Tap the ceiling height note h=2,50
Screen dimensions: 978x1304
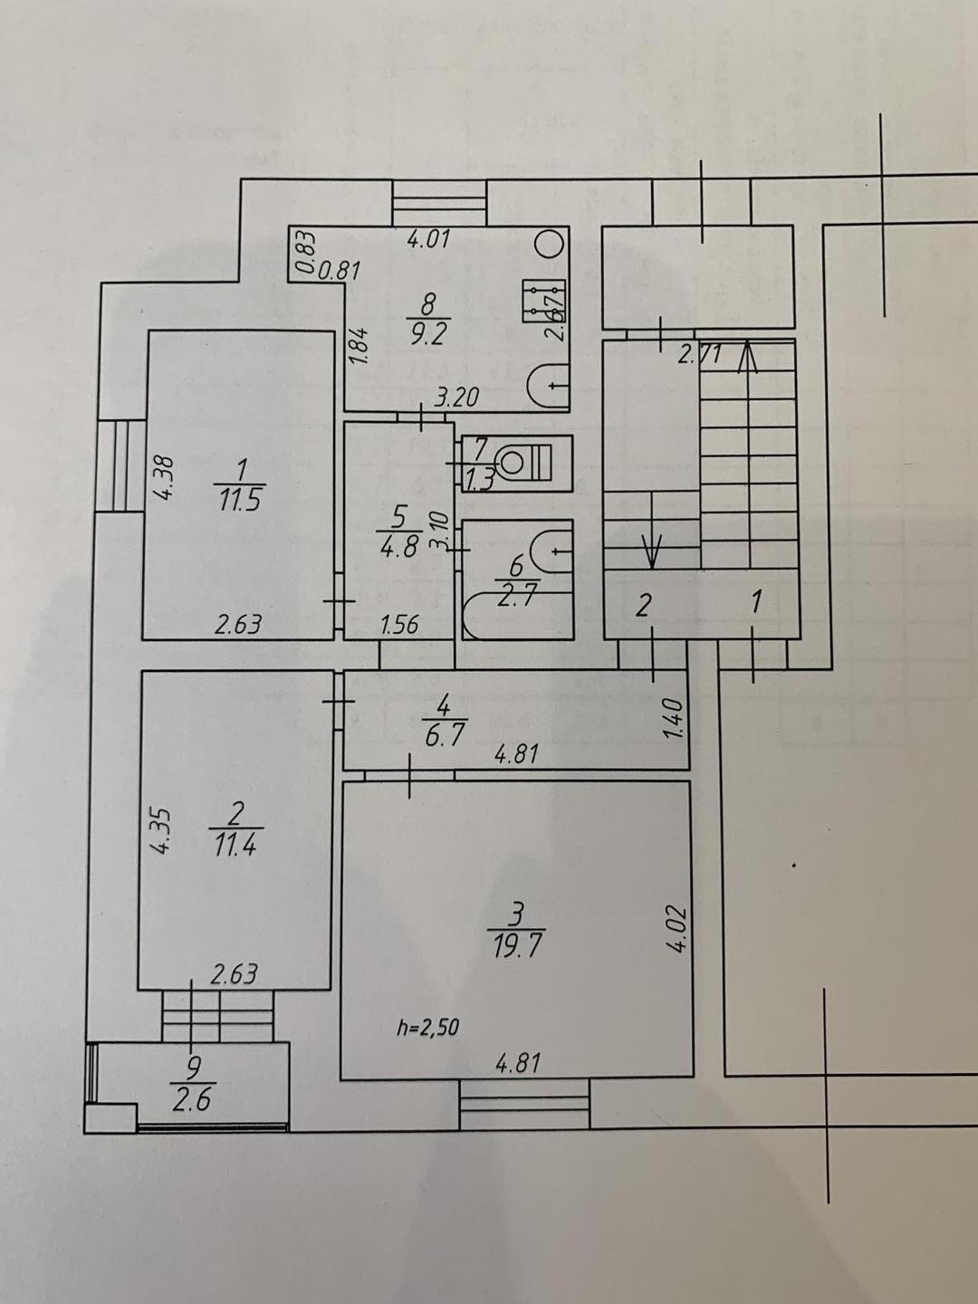[427, 1027]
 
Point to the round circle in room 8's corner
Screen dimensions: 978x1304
[549, 244]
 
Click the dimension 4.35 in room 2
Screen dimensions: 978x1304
[160, 829]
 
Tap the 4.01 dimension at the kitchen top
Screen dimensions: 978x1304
[428, 240]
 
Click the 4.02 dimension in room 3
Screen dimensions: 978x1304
[680, 928]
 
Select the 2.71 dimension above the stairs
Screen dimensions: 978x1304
[700, 355]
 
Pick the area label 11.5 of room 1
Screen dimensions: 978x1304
[238, 499]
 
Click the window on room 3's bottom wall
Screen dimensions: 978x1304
[524, 1103]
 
